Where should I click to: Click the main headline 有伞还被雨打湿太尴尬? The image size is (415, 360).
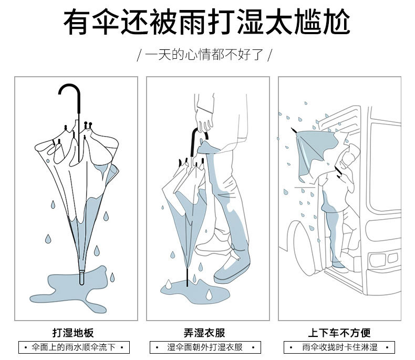click(207, 22)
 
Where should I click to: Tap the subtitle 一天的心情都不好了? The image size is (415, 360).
click(204, 55)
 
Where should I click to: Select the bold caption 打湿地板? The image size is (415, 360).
click(73, 333)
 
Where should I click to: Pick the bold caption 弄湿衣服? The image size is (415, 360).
click(204, 333)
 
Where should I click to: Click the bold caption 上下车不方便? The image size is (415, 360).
click(339, 333)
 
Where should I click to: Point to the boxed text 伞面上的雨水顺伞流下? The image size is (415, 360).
click(74, 347)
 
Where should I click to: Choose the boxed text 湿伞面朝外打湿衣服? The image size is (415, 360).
click(205, 347)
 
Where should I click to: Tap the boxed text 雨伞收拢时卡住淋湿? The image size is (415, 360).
click(340, 347)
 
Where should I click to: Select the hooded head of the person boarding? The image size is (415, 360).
click(349, 156)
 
